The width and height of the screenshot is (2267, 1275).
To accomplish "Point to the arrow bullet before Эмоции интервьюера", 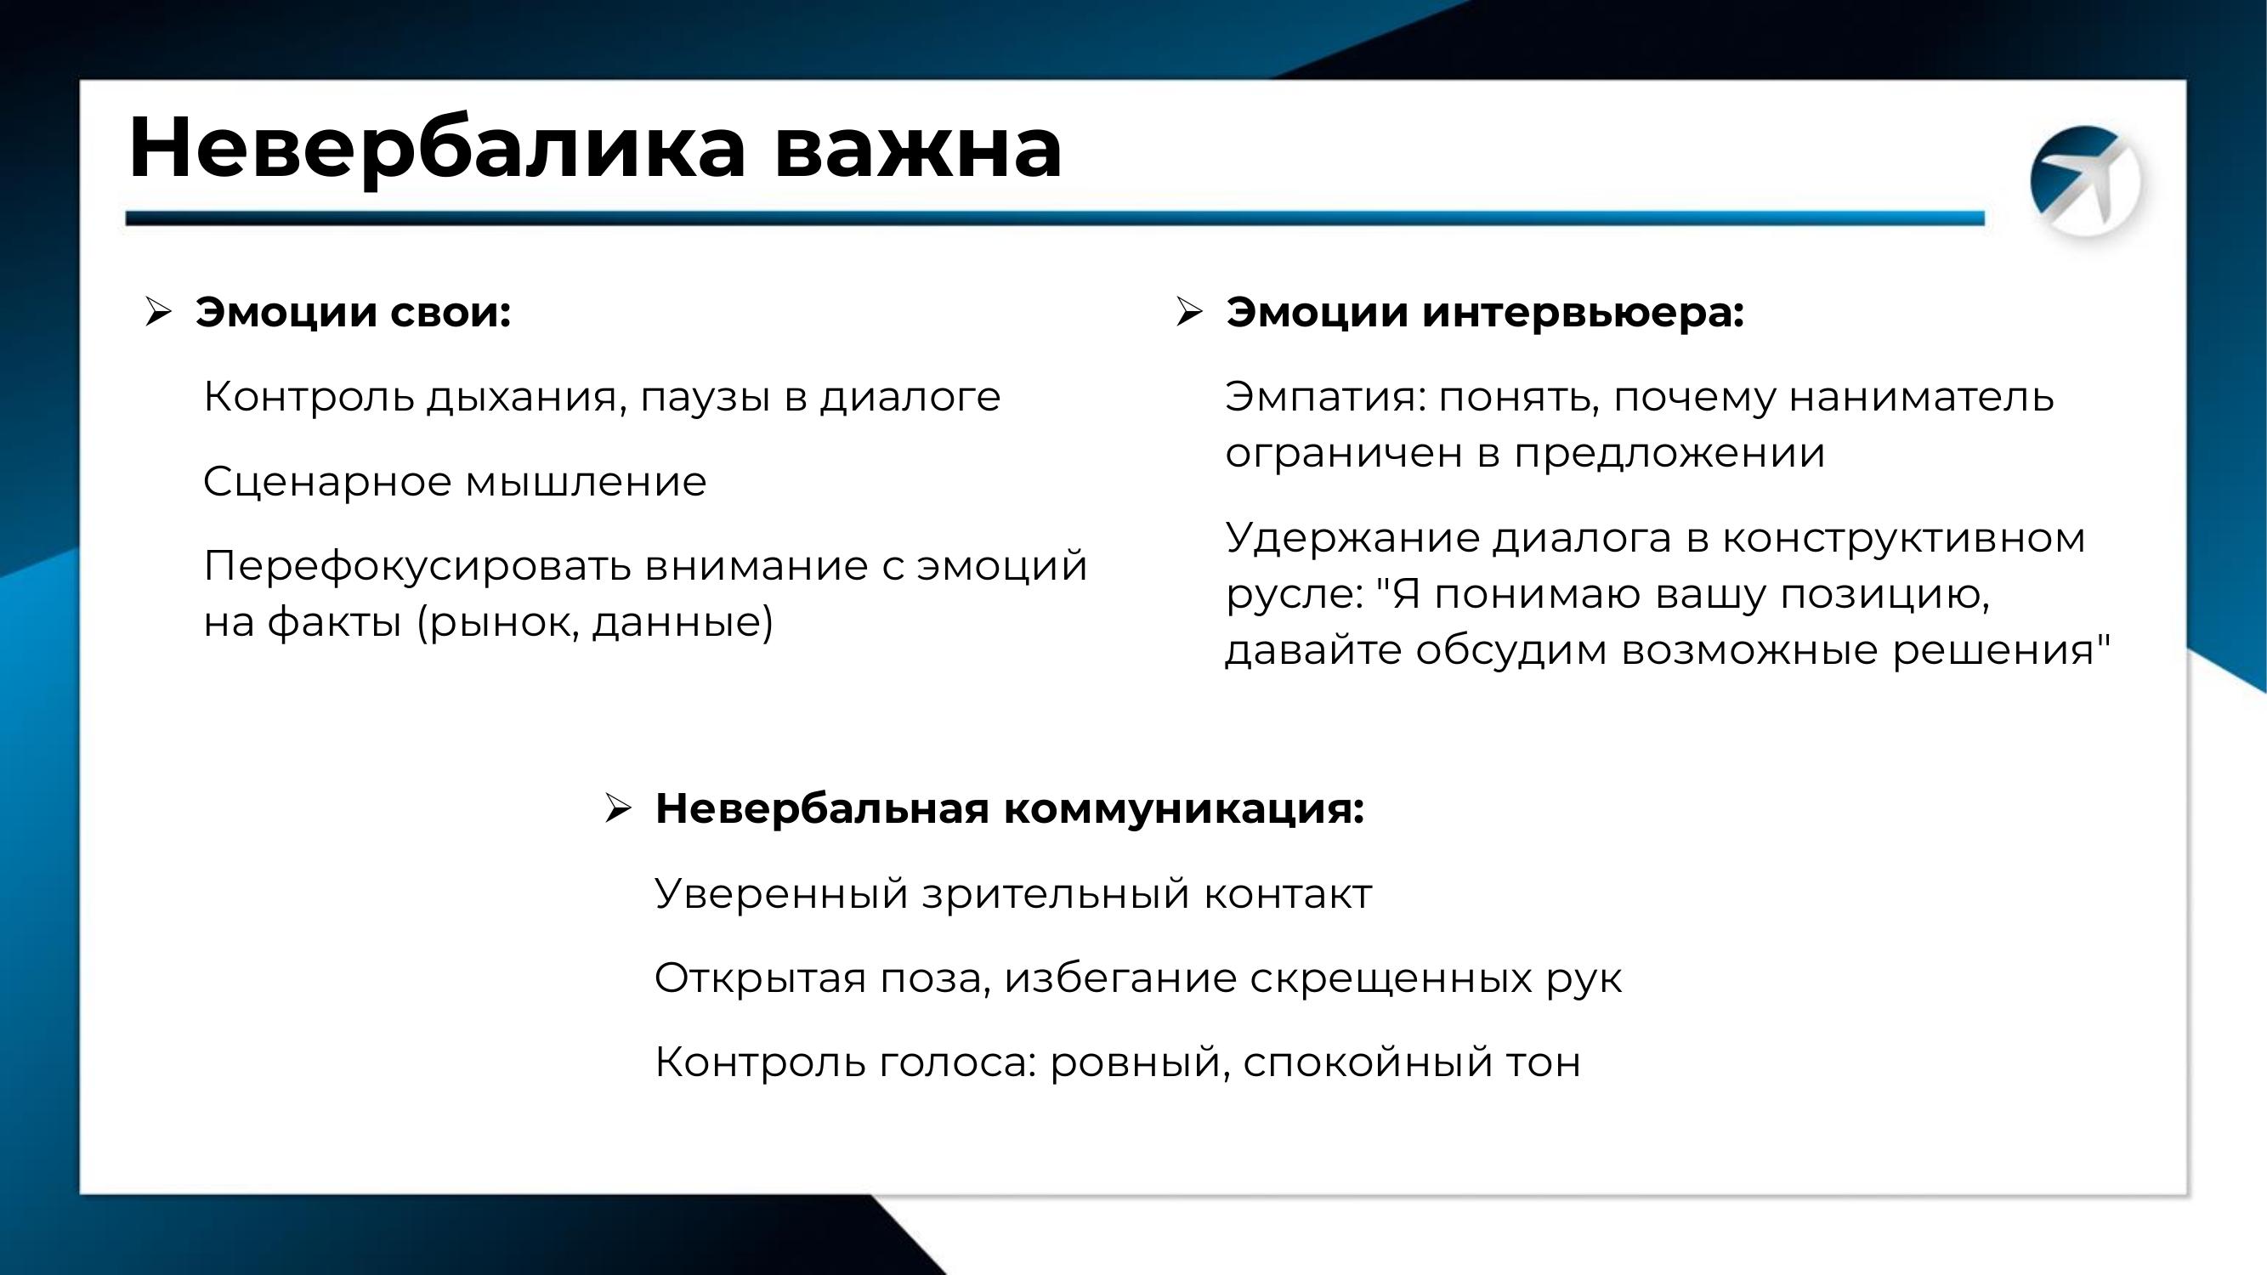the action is click(x=1188, y=311).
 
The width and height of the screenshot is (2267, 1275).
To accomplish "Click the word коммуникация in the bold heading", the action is click(x=1184, y=809).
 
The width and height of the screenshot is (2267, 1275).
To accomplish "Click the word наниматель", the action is click(x=1922, y=398).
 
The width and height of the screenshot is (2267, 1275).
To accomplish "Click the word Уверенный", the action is click(x=781, y=895).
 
